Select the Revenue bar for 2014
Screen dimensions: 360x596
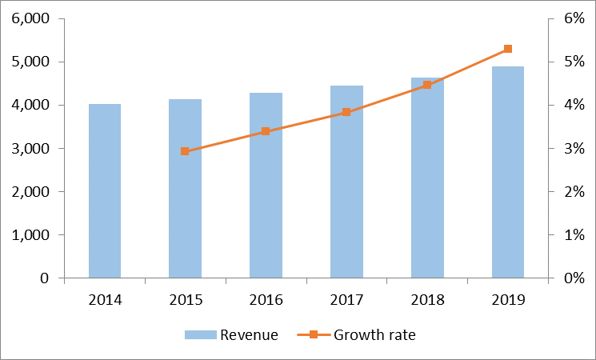(x=105, y=191)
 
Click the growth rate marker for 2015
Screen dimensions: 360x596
(x=185, y=151)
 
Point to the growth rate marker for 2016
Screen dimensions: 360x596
(x=266, y=131)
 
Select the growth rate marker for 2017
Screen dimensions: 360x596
(x=346, y=112)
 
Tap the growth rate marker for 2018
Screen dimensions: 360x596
(x=427, y=85)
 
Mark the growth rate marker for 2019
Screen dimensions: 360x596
(x=507, y=49)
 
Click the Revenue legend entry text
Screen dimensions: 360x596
(x=249, y=335)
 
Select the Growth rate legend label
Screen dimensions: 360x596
(x=374, y=335)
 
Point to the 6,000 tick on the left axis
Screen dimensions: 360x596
(x=30, y=18)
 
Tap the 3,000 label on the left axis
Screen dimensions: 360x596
(x=30, y=149)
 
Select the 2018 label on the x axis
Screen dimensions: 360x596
(x=427, y=300)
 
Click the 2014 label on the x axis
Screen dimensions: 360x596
(x=105, y=300)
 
